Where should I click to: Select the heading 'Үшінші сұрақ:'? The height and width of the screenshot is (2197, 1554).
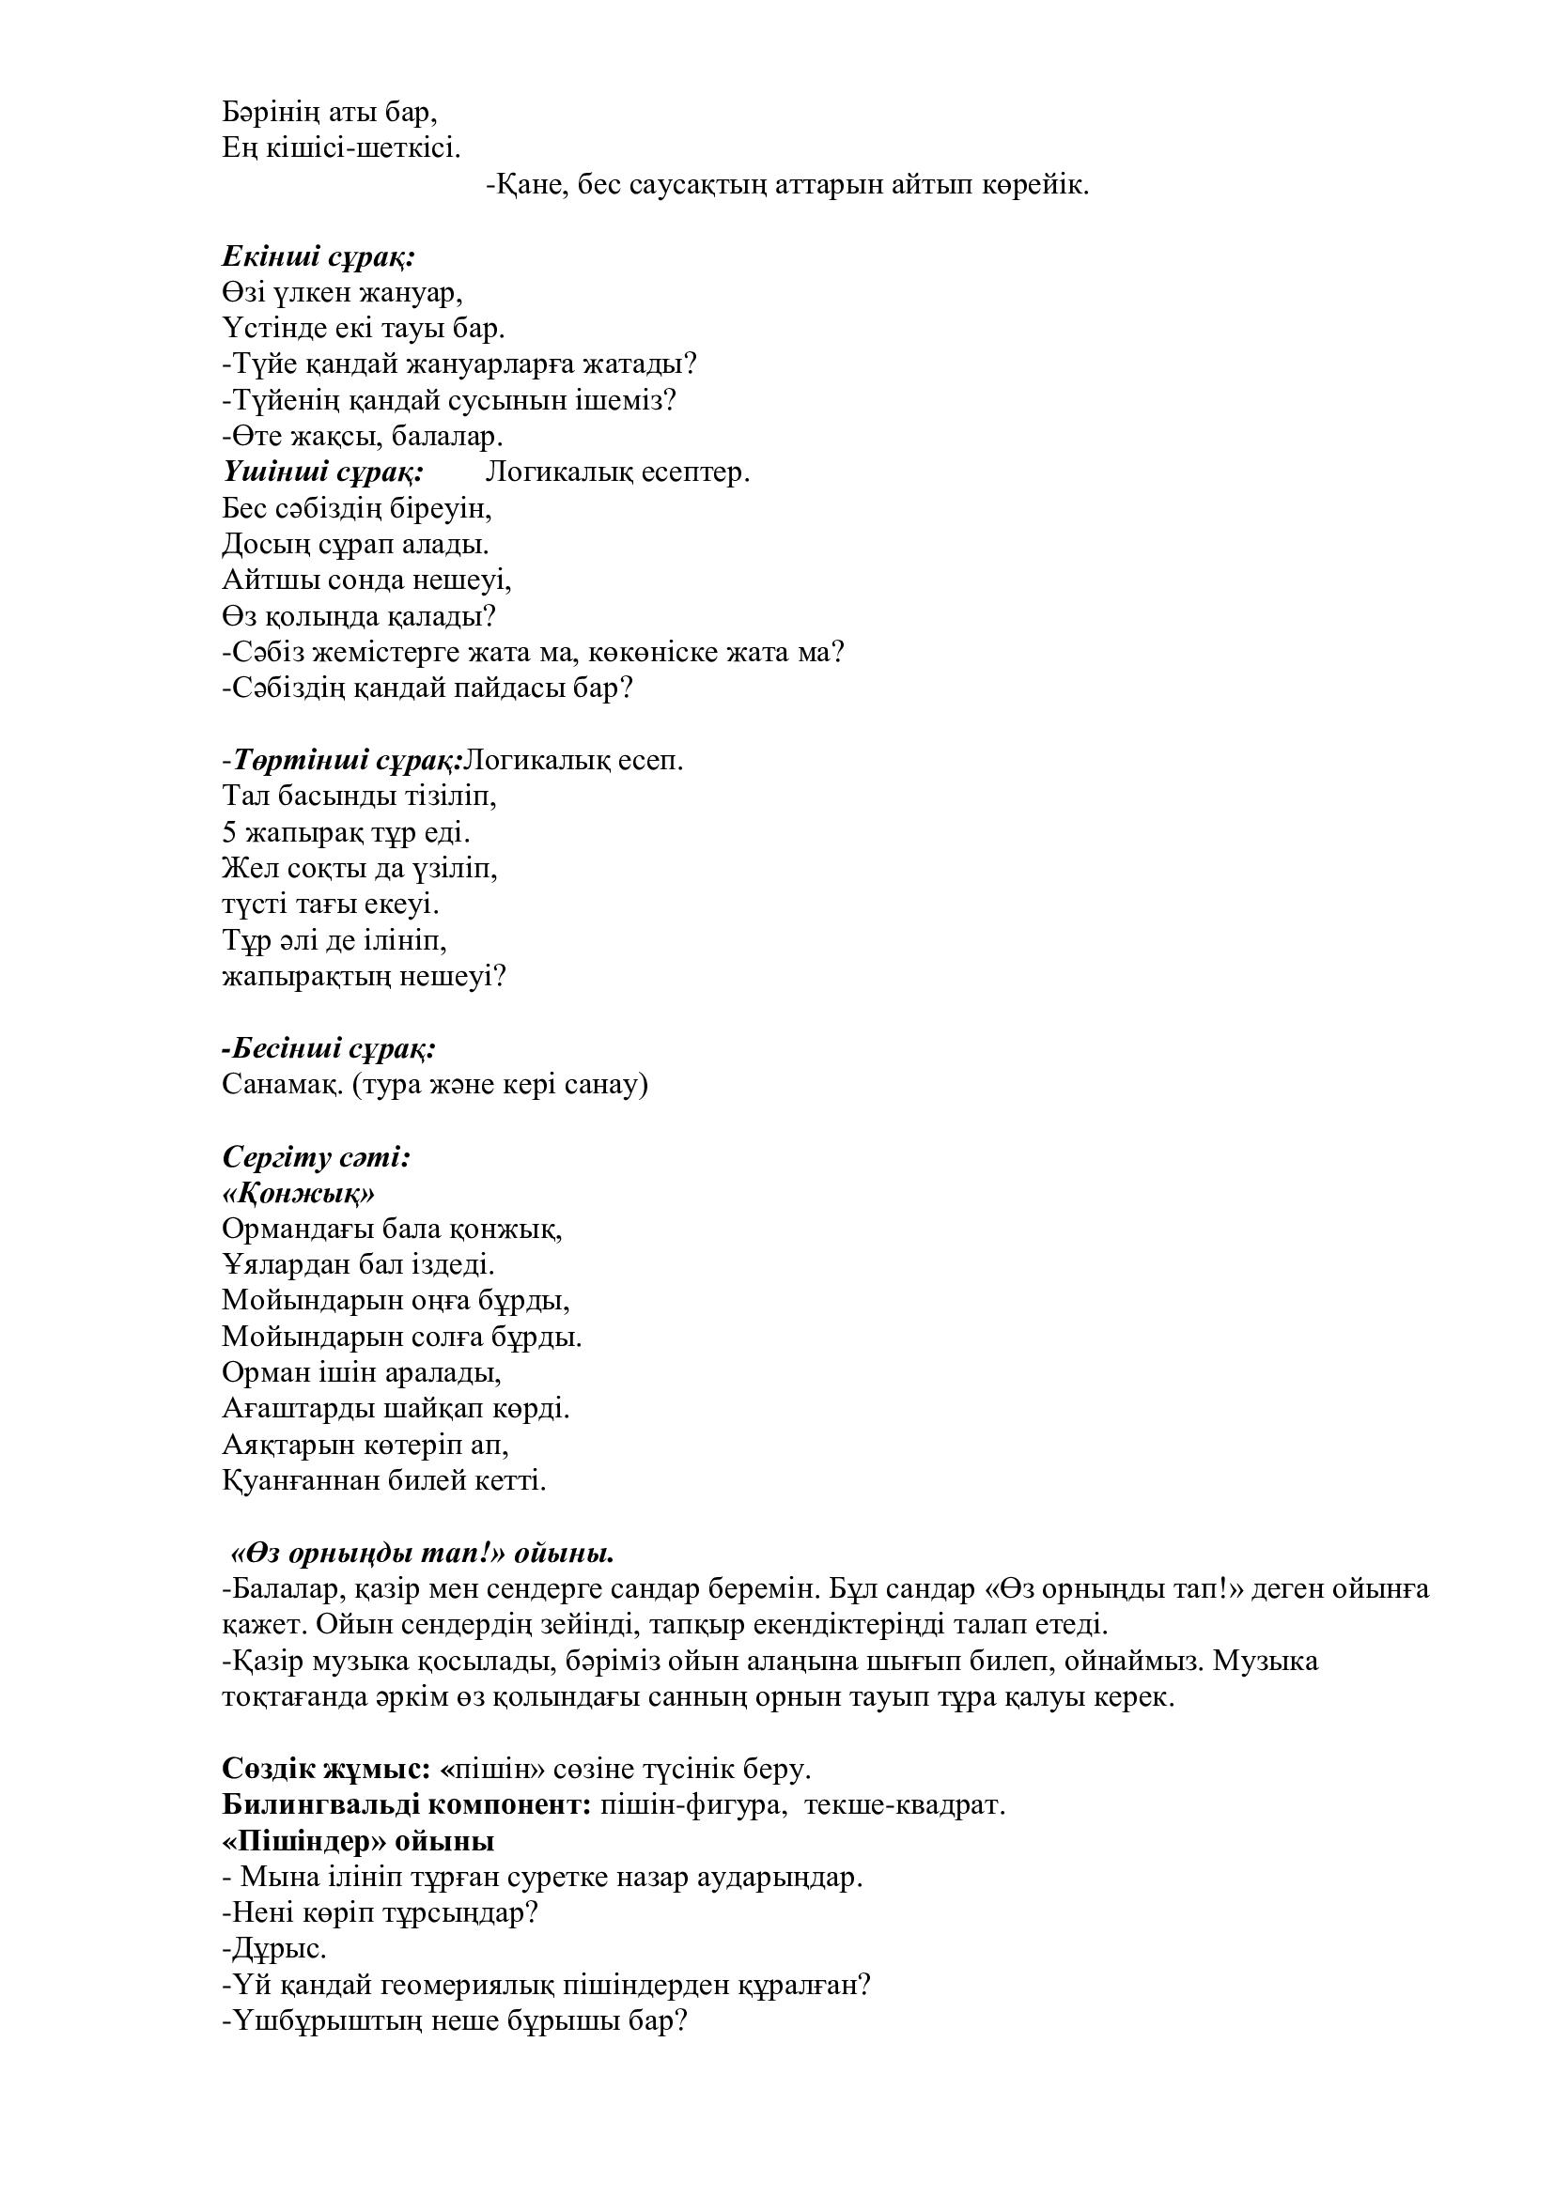[x=323, y=472]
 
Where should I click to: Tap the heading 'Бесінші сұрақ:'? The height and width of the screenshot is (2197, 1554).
[x=330, y=1049]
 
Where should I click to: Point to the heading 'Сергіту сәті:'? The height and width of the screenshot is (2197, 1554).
[x=317, y=1157]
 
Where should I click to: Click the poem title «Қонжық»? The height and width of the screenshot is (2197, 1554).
[x=299, y=1193]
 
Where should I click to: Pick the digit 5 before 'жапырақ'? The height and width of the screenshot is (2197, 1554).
[x=229, y=832]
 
